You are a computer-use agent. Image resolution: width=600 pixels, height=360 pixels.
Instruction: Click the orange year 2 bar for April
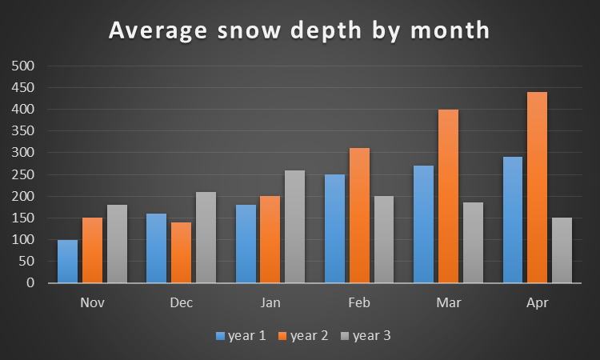pos(537,187)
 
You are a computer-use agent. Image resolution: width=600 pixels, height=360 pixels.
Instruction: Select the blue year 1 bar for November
pos(68,261)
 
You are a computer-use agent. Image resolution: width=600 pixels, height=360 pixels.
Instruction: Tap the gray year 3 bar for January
pos(295,226)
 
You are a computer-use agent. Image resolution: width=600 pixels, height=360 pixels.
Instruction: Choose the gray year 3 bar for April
pos(562,250)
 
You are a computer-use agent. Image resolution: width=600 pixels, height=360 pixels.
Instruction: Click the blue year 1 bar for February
pos(335,228)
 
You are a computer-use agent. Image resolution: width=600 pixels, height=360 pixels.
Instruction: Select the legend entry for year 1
pos(240,336)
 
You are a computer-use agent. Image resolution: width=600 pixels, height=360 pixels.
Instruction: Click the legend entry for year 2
pos(303,336)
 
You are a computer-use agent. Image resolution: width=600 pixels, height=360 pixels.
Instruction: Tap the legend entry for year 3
pos(366,336)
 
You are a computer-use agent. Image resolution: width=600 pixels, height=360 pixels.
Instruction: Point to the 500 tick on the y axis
pos(24,66)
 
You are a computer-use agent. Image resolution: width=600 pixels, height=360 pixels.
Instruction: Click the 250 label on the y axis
pos(24,174)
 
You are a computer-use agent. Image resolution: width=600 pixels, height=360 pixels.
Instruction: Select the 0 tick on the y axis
pos(30,283)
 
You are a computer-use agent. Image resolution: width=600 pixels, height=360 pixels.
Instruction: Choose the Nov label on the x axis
pos(93,304)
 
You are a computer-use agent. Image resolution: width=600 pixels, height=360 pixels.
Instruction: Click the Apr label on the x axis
pos(538,304)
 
